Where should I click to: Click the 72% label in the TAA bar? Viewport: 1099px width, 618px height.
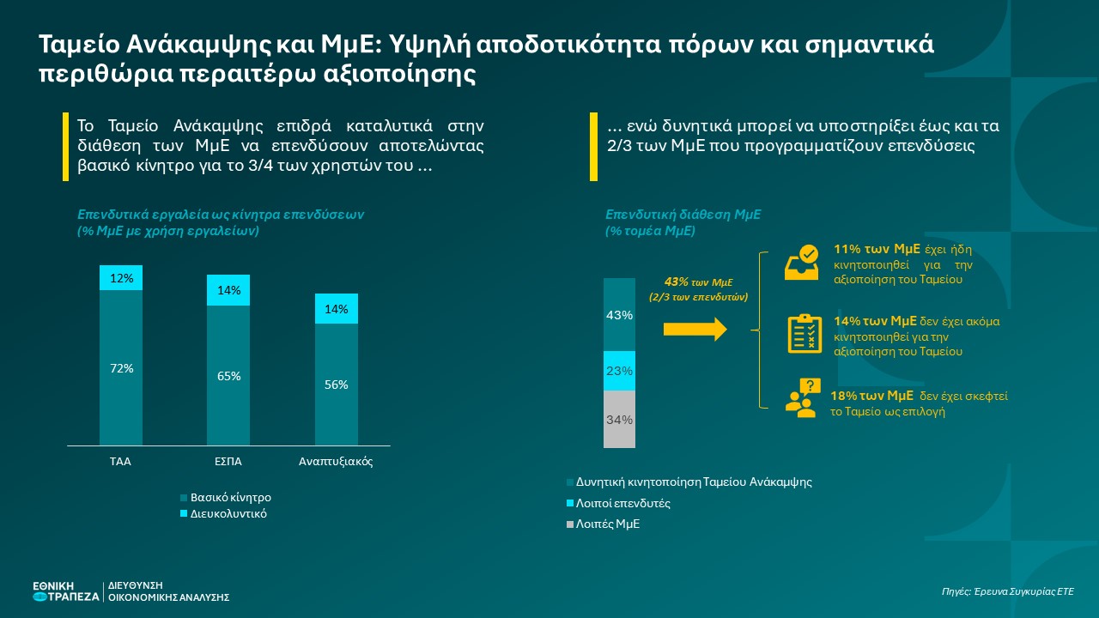(x=121, y=368)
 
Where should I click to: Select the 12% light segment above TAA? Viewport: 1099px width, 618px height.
(x=121, y=278)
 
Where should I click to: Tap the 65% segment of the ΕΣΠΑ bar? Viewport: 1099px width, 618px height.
(x=228, y=376)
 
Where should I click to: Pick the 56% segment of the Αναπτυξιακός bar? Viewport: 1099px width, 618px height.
(x=336, y=385)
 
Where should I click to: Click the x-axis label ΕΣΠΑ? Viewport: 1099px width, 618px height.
(x=228, y=462)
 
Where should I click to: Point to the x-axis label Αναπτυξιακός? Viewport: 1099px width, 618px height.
(x=336, y=462)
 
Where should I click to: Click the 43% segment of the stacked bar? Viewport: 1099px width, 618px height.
(x=619, y=315)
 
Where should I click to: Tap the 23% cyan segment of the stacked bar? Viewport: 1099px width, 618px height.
(x=619, y=371)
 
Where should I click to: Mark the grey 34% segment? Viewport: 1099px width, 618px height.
(x=619, y=420)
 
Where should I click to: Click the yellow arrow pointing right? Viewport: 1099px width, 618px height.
(x=695, y=330)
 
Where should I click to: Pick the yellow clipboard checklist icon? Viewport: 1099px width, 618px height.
(x=805, y=333)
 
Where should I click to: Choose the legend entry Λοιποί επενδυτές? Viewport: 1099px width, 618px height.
(x=622, y=503)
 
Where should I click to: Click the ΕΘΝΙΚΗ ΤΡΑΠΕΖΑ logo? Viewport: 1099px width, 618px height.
(x=65, y=591)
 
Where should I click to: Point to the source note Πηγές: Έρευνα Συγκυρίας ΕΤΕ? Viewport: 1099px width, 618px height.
(x=1007, y=591)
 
